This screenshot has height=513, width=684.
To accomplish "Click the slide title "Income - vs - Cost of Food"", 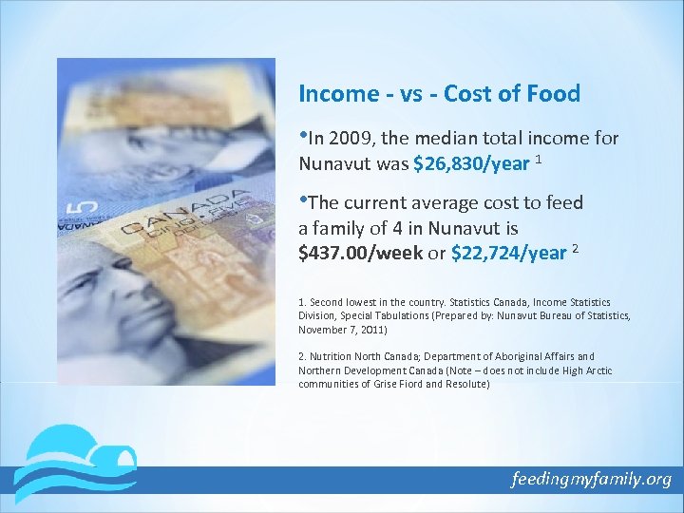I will [439, 94].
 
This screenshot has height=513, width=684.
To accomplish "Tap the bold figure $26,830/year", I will [471, 163].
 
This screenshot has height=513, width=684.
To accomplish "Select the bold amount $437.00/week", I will [360, 253].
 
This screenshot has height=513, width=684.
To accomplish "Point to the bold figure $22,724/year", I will [508, 253].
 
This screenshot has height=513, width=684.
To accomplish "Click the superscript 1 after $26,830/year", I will [539, 159].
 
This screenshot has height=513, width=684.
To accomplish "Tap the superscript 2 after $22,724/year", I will [575, 248].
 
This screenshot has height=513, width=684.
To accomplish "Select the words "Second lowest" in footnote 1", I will [338, 302].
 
